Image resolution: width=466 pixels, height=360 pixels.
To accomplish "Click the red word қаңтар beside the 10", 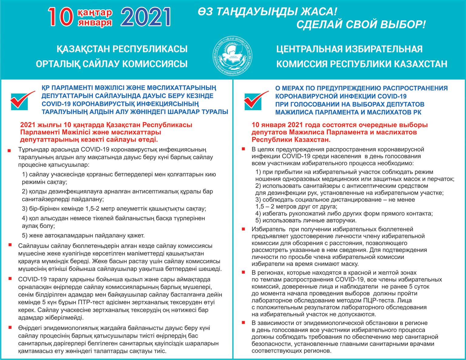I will point(95,13).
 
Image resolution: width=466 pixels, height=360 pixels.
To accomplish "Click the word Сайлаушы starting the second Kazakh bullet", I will point(32,246).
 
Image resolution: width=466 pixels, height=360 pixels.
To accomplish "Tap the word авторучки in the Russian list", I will point(343,220).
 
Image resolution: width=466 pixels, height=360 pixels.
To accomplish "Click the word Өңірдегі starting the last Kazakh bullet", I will point(30,328).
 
